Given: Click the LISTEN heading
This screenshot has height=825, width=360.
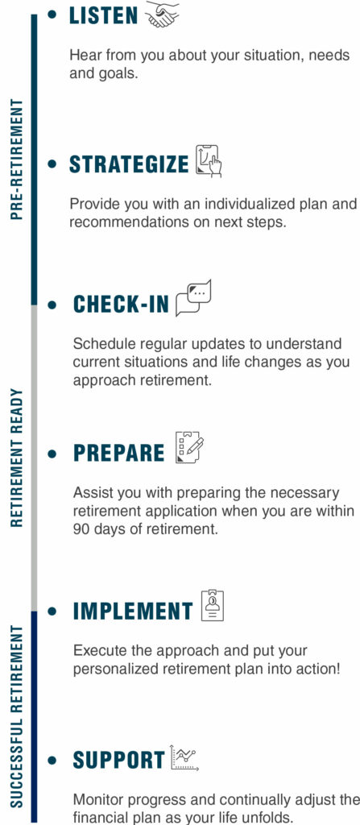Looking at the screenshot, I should point(104,16).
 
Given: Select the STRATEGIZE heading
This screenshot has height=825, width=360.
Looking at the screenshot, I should point(129,164).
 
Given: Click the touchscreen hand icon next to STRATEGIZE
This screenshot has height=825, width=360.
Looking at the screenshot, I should point(208,161).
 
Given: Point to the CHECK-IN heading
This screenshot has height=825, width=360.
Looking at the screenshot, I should point(122,305).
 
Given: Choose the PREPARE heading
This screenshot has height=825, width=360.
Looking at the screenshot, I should point(118,453).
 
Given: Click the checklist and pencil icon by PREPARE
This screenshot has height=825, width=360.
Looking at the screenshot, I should point(190,448).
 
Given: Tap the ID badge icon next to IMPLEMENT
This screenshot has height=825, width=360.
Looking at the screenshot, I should point(212,605).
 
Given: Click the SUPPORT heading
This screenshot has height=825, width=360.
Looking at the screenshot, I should point(118,760).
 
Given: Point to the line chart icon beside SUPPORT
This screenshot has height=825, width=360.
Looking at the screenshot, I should point(184,757).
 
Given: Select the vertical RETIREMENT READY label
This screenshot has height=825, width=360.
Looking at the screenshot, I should point(16,457).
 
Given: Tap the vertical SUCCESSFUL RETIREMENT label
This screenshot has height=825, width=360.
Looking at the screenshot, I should point(16,715).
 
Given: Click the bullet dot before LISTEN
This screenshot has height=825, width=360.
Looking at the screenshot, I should point(53,15).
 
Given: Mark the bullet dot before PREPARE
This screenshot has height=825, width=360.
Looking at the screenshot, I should point(53,454).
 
